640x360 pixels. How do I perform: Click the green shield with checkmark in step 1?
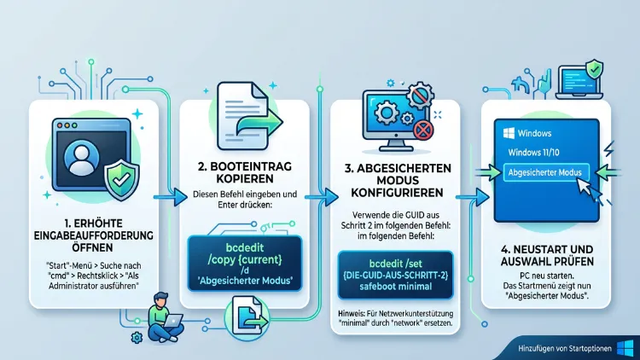point(122,180)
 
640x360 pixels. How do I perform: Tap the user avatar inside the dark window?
point(82,157)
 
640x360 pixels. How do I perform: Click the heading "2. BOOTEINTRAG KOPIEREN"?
point(245,172)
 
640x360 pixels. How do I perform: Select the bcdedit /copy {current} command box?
point(245,264)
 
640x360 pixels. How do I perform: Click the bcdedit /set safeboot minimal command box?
point(395,275)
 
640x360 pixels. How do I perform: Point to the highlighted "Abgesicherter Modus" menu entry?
point(546,172)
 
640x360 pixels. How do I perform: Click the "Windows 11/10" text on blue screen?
point(533,153)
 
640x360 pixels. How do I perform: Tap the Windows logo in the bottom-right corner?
point(625,348)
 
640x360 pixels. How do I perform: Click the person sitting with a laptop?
point(165,317)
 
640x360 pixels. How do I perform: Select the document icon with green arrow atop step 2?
point(247,116)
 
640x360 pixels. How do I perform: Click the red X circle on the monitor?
point(423,131)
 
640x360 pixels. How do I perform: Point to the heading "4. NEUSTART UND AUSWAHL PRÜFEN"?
point(547,255)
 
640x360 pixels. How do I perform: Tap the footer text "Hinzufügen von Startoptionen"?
point(565,349)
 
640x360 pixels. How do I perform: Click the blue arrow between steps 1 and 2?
point(171,198)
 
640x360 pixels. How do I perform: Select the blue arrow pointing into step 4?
point(472,198)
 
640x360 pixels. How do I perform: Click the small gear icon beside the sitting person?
point(137,337)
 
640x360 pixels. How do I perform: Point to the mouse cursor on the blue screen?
point(588,189)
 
